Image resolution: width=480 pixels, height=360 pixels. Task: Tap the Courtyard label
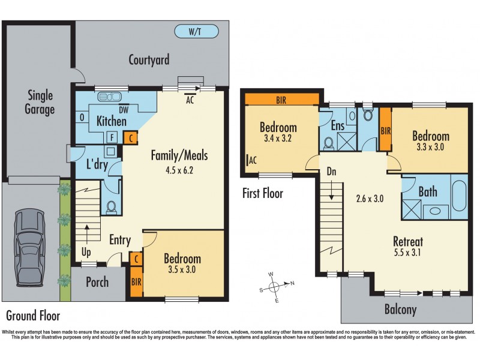click(149, 59)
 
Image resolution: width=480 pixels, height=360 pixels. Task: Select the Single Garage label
click(40, 102)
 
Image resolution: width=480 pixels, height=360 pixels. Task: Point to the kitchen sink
click(110, 96)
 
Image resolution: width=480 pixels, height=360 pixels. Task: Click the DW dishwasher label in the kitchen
click(124, 110)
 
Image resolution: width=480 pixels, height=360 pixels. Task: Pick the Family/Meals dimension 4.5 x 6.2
click(180, 169)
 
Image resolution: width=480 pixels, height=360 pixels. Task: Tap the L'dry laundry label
click(97, 164)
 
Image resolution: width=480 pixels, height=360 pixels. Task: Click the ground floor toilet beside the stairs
click(111, 207)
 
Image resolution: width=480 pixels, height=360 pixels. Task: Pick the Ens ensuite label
click(337, 125)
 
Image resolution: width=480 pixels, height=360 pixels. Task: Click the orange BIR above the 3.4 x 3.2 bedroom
click(282, 100)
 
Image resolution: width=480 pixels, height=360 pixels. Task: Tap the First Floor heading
click(262, 193)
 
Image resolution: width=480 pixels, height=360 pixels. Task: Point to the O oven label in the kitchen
click(82, 118)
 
